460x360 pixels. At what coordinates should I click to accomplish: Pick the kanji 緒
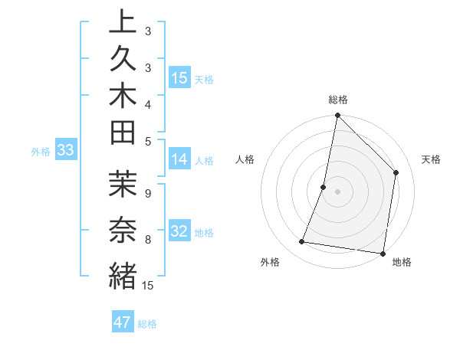point(123,275)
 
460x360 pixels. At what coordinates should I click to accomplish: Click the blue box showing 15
point(179,78)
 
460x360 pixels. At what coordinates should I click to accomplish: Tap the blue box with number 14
point(179,159)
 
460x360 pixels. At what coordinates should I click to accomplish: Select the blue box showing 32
point(179,231)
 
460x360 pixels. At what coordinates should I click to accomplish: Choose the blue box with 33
point(65,150)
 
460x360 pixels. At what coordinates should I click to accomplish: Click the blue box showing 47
point(123,322)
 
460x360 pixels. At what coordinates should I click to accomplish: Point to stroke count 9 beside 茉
point(148,194)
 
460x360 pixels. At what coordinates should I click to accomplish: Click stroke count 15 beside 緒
point(148,286)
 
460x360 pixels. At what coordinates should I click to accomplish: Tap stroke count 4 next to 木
point(148,103)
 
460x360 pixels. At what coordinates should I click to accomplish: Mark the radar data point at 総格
point(337,116)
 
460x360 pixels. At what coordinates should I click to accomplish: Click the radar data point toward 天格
point(396,172)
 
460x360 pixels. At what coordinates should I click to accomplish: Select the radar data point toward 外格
point(302,242)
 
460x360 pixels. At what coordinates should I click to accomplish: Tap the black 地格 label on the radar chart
point(402,263)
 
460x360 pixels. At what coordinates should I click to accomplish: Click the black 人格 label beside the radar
point(245,159)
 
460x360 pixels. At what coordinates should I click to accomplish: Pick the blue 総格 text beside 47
point(148,324)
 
